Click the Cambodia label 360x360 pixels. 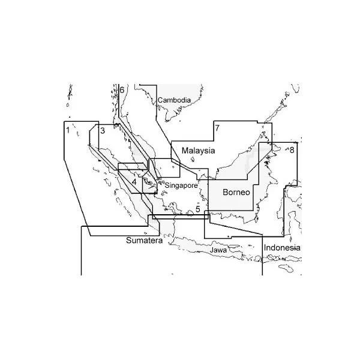[x=174, y=100]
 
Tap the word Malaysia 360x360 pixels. [x=199, y=151]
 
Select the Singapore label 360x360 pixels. [x=181, y=185]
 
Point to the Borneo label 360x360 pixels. [x=236, y=192]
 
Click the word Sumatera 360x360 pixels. [x=145, y=241]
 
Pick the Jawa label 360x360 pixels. [x=218, y=250]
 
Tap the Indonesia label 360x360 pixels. [x=282, y=248]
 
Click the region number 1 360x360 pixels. [x=68, y=130]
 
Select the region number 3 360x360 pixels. [x=103, y=131]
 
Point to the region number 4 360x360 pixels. [x=134, y=182]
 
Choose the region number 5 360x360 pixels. [x=197, y=209]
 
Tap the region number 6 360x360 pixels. [x=122, y=90]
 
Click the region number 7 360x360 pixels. [x=217, y=128]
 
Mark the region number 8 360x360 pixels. [x=292, y=150]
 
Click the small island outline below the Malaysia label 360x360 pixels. [x=193, y=160]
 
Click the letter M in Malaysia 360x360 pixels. [x=185, y=151]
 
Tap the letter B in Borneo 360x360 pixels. [x=225, y=192]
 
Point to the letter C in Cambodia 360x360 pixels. [x=160, y=100]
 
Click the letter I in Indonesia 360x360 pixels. [x=265, y=248]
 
